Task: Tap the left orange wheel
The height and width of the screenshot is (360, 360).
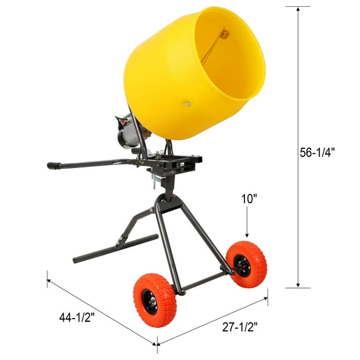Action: (x=154, y=299)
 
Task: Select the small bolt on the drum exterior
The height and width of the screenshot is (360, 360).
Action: (x=186, y=104)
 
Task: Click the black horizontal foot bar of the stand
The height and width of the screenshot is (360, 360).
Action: (x=115, y=248)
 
